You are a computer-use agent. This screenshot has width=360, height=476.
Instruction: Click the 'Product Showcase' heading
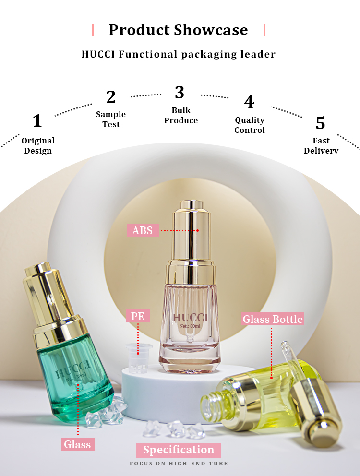point(179,30)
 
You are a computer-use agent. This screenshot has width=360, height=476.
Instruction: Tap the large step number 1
point(37,120)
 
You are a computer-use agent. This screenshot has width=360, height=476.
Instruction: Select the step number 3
point(180,92)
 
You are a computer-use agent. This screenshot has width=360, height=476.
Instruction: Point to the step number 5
point(321,123)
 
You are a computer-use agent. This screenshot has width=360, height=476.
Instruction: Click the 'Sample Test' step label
point(111,119)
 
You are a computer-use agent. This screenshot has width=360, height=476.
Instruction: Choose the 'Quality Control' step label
point(250,125)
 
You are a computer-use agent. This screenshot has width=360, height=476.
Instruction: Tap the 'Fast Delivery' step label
point(321,145)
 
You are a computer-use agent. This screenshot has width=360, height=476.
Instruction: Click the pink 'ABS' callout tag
point(143,230)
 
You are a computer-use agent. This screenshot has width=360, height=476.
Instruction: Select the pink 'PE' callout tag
point(138,316)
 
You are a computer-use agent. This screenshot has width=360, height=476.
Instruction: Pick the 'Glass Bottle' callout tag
point(273,319)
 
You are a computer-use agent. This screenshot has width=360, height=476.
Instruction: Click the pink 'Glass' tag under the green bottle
point(77,444)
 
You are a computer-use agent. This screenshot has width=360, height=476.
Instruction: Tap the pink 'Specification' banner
point(179,450)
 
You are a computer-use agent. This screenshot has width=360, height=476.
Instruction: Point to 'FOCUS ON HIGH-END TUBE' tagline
point(179,464)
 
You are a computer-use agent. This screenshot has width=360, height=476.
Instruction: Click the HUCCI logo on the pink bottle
point(190,318)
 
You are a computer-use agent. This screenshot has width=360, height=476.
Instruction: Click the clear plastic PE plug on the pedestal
point(139,358)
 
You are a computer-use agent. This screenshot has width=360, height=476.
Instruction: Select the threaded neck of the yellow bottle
point(212,403)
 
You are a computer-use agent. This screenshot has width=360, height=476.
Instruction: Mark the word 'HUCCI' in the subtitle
point(98,54)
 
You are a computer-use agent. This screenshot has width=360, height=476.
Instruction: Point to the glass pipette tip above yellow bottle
point(285,345)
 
